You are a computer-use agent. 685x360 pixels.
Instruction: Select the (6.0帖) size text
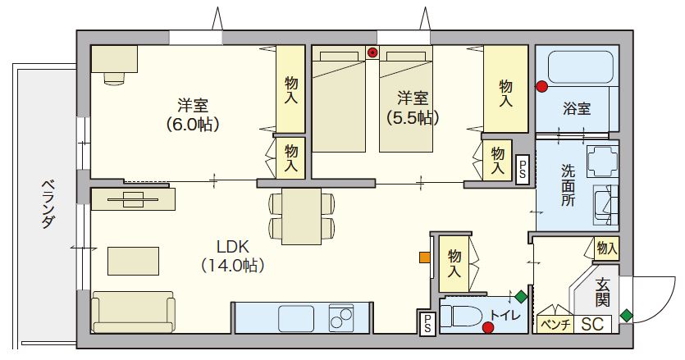click(x=193, y=125)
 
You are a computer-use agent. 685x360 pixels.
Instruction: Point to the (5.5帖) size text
click(x=413, y=116)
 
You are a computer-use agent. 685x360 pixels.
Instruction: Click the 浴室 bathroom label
click(x=577, y=108)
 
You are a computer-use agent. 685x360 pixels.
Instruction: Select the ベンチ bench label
click(x=555, y=324)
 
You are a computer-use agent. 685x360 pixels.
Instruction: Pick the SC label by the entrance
click(x=592, y=324)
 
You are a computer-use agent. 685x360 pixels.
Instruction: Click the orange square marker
click(x=424, y=257)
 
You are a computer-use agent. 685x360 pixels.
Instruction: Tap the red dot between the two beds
click(x=372, y=53)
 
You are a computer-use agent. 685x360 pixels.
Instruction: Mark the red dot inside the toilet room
click(x=489, y=329)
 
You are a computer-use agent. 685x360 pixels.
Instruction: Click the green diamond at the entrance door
click(x=627, y=315)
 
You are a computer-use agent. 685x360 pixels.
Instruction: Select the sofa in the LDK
click(x=133, y=312)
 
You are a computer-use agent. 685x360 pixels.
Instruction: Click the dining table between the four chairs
click(x=301, y=216)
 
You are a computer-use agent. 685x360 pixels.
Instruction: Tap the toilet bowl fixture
click(x=464, y=315)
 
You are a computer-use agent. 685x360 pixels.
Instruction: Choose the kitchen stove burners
click(x=340, y=316)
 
